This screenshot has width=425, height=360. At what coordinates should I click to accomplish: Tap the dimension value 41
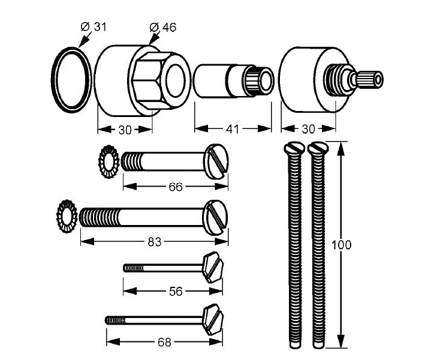233,129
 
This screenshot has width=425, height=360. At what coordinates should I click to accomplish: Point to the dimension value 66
175,187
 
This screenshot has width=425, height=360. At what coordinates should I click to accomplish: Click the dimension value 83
154,241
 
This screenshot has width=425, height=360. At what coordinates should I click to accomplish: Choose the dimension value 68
164,342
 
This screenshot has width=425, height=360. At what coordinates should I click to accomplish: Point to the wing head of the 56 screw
212,268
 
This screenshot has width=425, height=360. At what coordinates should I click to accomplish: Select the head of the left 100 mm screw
294,148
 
